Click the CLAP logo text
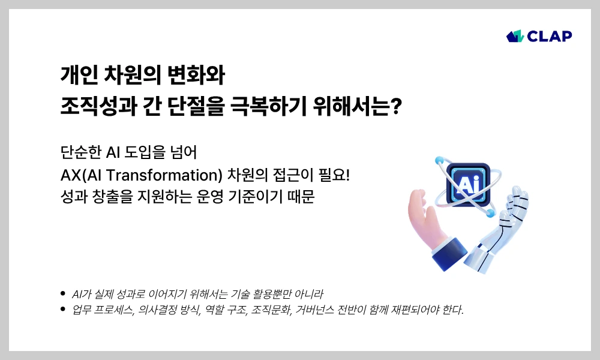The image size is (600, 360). pos(550,36)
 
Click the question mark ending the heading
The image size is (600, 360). pos(397,106)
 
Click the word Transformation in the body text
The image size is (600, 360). pos(164,175)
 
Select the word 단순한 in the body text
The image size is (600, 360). pos(81,152)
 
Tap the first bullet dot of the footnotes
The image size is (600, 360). pos(63,294)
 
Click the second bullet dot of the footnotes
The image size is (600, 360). pos(63,309)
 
